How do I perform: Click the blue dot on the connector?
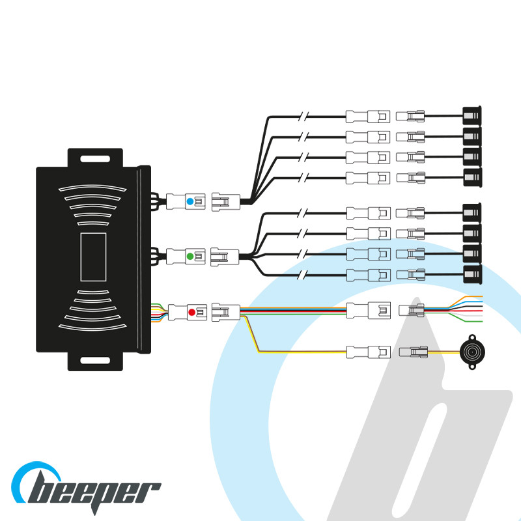click(x=190, y=202)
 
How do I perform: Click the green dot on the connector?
click(x=190, y=257)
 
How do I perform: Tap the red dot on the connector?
click(x=191, y=312)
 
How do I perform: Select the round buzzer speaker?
click(x=470, y=352)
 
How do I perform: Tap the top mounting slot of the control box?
click(x=95, y=158)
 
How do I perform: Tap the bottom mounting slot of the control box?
click(x=95, y=359)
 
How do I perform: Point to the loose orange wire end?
click(x=481, y=297)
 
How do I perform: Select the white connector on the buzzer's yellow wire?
click(x=359, y=352)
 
